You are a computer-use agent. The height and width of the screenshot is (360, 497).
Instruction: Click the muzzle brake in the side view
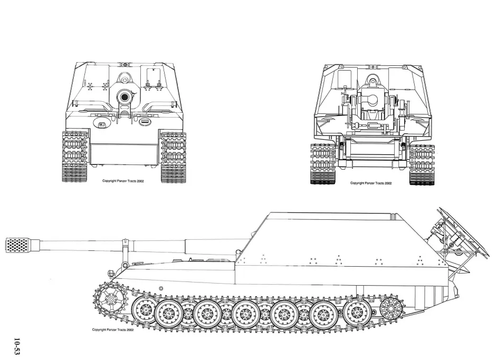[18, 246]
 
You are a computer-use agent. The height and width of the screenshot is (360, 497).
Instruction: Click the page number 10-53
[16, 347]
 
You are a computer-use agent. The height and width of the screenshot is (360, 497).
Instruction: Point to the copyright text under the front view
[123, 181]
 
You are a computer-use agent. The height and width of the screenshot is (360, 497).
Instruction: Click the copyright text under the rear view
[371, 183]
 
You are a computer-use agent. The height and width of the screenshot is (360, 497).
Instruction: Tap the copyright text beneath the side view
[113, 329]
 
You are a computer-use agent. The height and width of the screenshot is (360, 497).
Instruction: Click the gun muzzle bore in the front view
[125, 96]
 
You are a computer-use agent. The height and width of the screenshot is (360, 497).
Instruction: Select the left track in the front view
[75, 157]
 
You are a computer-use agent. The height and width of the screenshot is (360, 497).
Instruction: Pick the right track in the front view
[174, 157]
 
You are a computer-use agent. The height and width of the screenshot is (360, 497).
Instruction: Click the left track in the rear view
[323, 164]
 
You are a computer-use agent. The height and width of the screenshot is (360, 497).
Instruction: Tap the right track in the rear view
[422, 164]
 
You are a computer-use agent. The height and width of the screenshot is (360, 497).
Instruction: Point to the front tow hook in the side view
[111, 273]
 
